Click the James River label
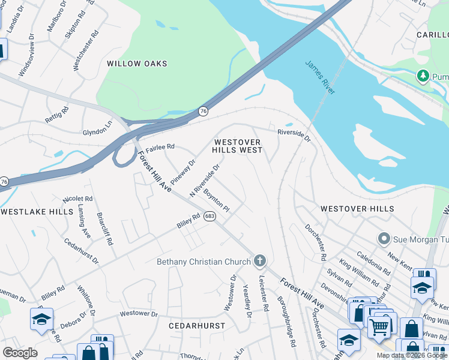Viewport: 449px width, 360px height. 320,77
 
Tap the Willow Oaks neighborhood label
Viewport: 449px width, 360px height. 137,64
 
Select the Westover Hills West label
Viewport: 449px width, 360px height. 238,146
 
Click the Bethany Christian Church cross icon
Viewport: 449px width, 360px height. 259,260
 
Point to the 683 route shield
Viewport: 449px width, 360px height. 209,216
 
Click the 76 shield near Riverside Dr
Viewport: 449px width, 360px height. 203,111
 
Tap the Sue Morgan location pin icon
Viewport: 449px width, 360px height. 384,239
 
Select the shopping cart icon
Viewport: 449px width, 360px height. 379,326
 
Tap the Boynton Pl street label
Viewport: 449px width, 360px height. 217,201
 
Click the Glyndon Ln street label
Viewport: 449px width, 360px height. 97,131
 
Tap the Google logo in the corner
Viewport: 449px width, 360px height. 20,353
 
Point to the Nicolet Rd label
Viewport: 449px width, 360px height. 77,199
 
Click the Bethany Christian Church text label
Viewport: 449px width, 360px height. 203,262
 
